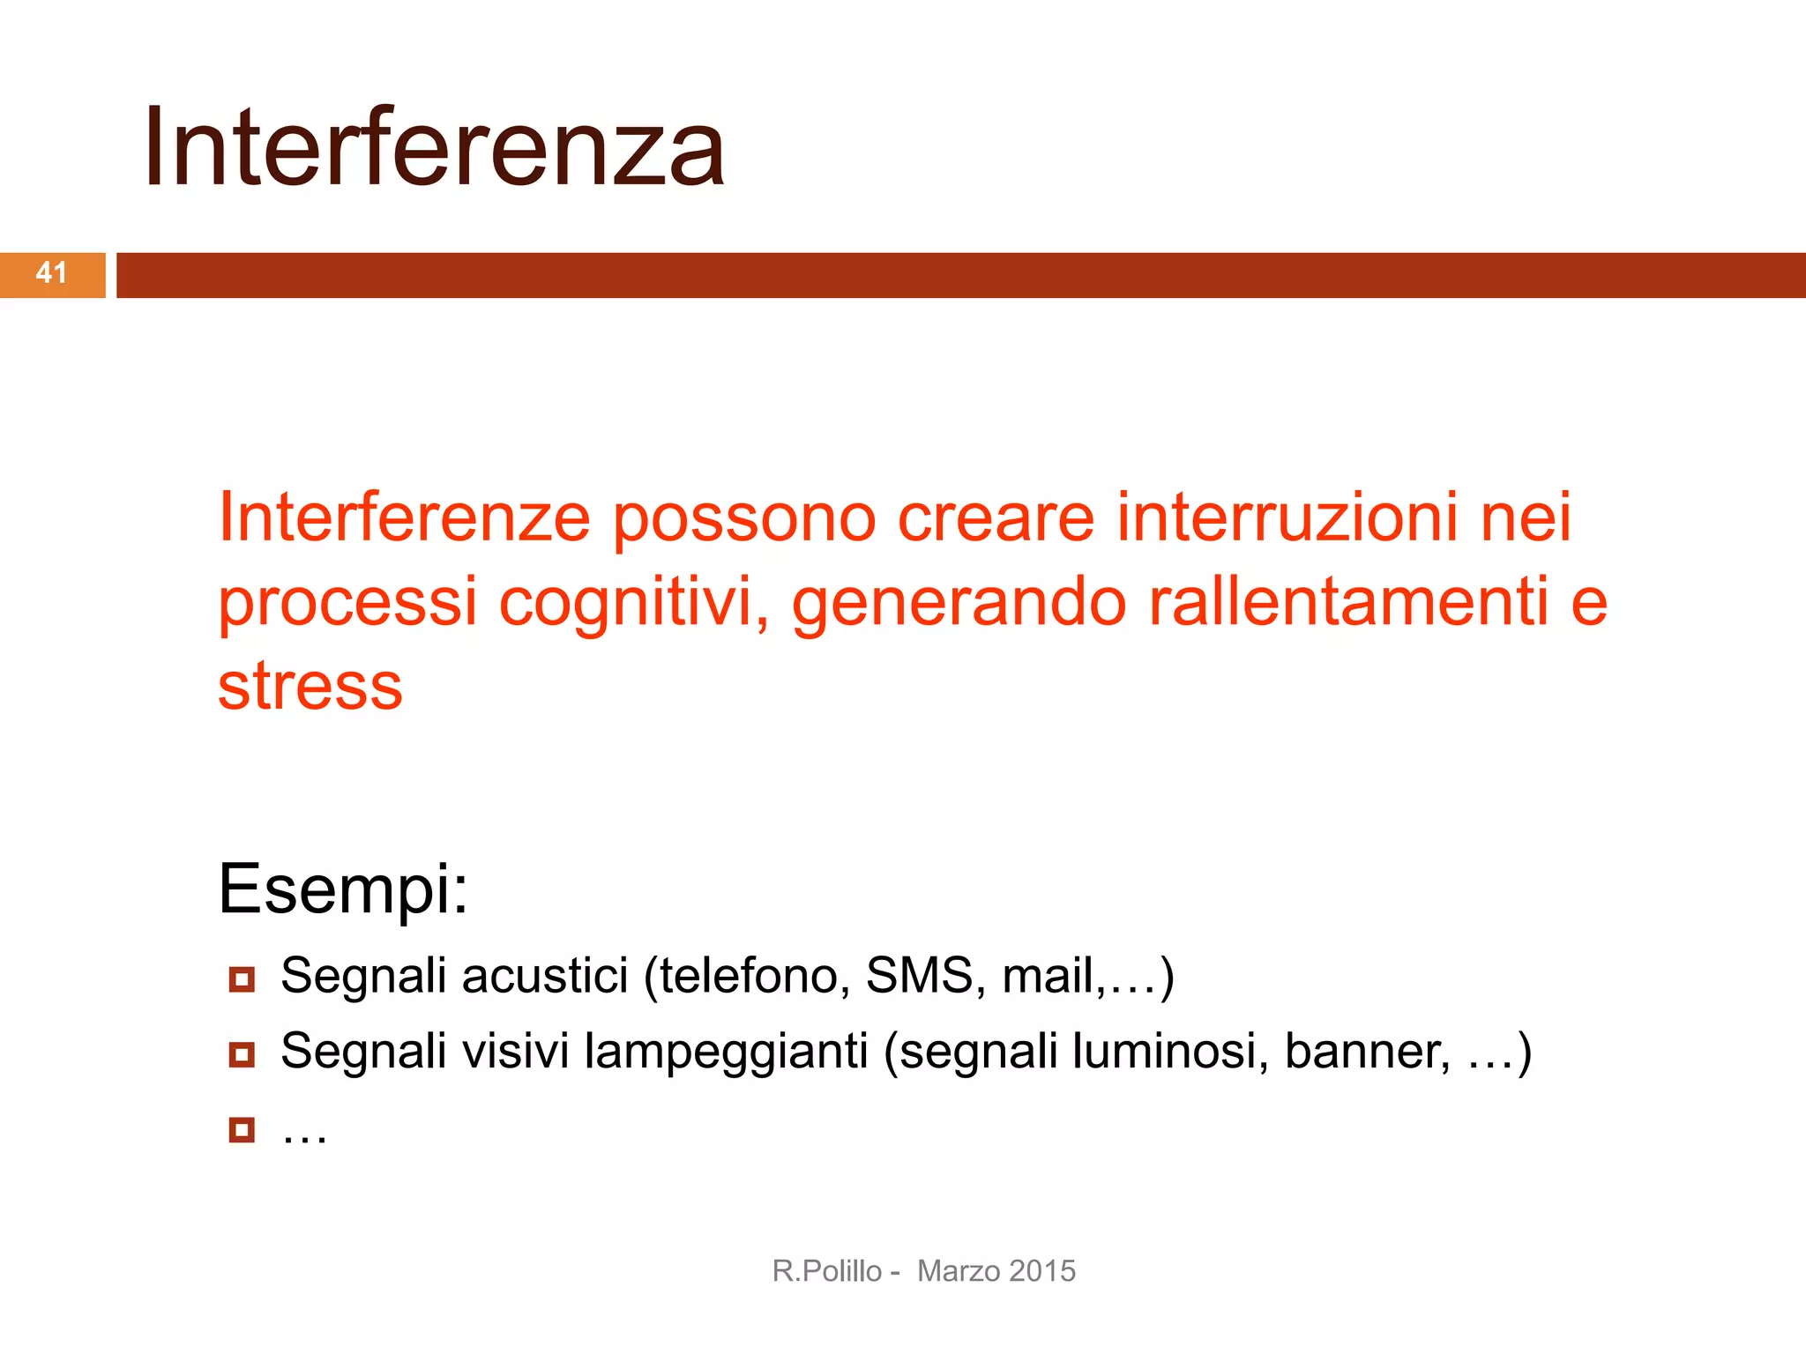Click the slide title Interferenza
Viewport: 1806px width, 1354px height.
tap(434, 147)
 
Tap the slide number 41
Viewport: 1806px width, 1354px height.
tap(51, 273)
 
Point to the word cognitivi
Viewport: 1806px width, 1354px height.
tap(633, 604)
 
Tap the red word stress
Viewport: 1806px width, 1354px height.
tap(310, 687)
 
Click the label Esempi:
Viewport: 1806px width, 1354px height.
tap(343, 889)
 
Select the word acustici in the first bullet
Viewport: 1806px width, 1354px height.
tap(545, 976)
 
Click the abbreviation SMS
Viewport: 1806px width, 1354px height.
tap(919, 976)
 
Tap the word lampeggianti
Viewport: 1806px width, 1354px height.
tap(727, 1053)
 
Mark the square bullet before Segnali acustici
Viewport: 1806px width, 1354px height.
tap(242, 979)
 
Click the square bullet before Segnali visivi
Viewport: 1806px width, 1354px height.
tap(242, 1054)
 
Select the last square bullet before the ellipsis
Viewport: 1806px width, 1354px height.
tap(242, 1130)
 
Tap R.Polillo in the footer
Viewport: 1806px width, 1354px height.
tap(826, 1271)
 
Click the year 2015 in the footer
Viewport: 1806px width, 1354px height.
tap(1042, 1271)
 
